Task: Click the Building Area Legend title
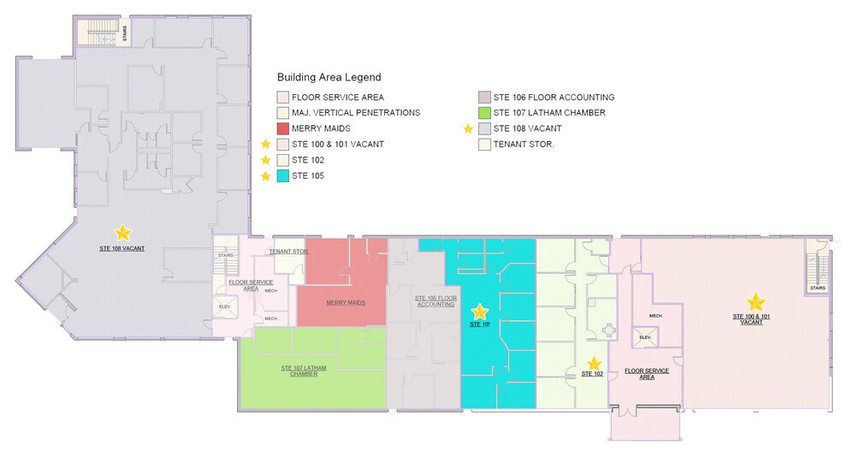329,77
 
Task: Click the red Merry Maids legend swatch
282,128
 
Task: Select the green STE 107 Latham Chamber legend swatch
484,113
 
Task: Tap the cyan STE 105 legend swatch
282,175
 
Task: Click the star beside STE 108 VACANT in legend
468,128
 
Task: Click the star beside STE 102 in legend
265,160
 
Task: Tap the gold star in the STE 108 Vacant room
123,231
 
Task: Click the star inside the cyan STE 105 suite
480,312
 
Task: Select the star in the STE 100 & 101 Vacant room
756,301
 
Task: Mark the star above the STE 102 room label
593,363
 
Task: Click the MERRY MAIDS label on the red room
346,303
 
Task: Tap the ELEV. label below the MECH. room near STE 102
647,338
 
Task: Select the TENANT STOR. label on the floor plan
288,252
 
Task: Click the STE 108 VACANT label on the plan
122,248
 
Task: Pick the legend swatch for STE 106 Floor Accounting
484,98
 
